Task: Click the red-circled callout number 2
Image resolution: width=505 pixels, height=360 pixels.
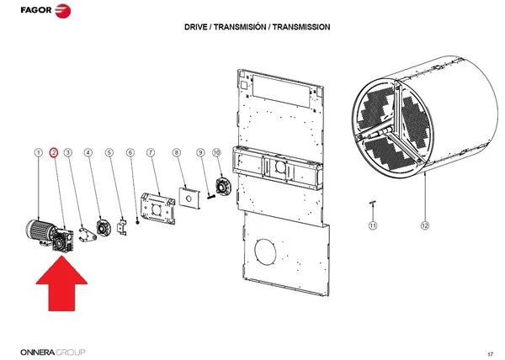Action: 54,152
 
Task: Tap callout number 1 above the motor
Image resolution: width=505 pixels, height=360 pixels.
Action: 39,152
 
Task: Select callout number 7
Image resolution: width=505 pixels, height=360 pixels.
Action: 151,152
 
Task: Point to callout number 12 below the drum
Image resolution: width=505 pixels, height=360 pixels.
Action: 425,225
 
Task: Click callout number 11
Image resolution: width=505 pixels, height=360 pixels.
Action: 373,225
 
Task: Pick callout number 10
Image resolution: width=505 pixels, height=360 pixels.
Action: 216,152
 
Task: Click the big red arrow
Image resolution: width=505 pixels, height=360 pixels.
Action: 61,283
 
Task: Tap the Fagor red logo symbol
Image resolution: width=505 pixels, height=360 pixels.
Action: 63,11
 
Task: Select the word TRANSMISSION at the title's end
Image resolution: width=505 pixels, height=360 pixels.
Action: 301,27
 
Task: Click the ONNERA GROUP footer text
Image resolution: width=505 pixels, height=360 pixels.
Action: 53,352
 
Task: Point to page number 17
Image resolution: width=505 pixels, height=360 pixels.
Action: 490,354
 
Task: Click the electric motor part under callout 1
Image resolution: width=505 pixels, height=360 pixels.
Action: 39,230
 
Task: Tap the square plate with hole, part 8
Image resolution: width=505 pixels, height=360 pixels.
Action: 189,199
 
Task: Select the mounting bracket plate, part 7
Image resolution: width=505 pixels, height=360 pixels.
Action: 158,208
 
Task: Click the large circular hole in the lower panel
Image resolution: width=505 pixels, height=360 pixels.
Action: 265,251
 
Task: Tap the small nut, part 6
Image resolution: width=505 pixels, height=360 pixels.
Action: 138,222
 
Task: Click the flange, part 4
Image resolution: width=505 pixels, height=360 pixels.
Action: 103,228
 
